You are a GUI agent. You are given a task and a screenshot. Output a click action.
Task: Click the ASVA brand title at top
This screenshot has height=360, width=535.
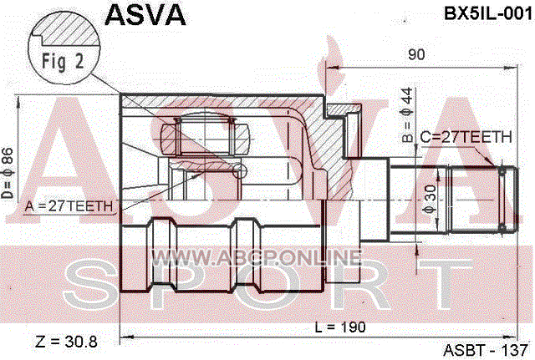(x=145, y=15)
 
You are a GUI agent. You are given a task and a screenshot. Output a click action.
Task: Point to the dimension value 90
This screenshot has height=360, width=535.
(x=417, y=55)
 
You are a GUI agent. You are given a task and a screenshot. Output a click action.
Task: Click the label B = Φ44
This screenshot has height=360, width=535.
(x=407, y=118)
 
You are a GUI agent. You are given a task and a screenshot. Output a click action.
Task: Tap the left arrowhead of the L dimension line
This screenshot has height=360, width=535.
(x=125, y=337)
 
